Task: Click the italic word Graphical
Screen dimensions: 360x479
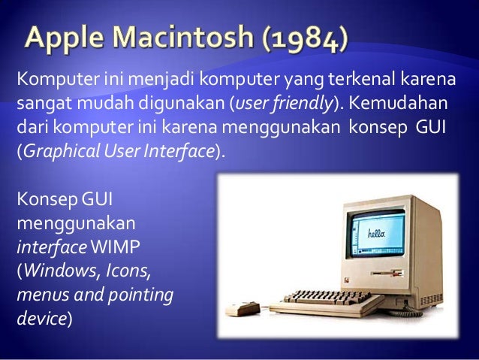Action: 56,150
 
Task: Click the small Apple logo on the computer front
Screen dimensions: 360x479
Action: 348,277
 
